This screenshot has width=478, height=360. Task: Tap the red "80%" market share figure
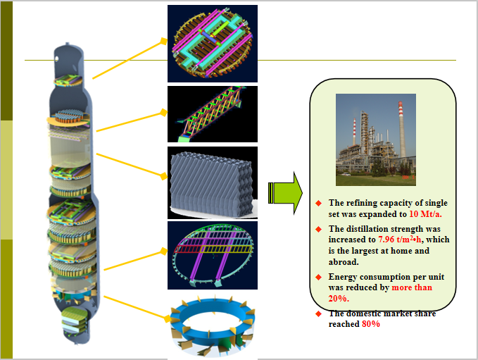pos(371,324)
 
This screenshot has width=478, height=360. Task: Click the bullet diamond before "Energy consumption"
pos(318,277)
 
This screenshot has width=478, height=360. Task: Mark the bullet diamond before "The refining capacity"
pos(318,204)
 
